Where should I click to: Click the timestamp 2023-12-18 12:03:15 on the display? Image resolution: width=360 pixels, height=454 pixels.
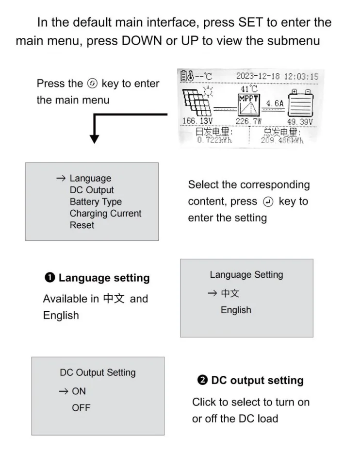pos(277,76)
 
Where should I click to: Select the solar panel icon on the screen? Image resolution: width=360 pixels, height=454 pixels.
pos(197,103)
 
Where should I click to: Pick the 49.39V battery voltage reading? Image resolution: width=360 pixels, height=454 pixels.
pos(300,121)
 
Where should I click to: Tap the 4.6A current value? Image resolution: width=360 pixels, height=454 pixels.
pos(273,102)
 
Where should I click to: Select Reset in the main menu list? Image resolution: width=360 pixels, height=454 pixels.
pos(82,225)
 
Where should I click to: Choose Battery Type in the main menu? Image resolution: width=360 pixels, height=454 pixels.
pos(96,202)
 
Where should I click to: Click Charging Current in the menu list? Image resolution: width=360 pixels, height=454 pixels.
pos(105,213)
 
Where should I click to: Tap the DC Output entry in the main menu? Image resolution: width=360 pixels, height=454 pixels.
pos(92,190)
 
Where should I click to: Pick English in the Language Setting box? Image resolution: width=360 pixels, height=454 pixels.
pos(236,310)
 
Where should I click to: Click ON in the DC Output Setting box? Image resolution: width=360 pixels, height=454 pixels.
pos(79,391)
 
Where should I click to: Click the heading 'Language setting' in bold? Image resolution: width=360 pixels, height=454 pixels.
pos(104,278)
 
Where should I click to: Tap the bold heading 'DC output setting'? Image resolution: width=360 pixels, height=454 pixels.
pos(257,380)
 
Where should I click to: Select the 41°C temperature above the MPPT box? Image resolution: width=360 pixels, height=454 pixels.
pos(248,89)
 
